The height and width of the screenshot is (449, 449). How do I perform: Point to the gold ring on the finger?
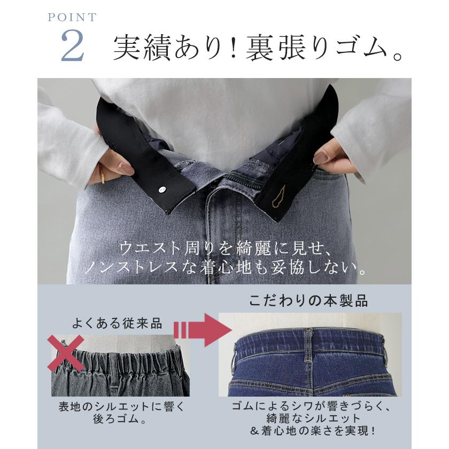[x=102, y=174]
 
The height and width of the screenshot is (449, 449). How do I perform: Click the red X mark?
[x=65, y=353]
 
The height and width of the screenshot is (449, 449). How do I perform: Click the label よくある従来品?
[x=117, y=323]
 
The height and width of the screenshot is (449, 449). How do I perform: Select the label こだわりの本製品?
[x=309, y=300]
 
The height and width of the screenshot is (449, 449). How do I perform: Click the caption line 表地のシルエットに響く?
[x=121, y=406]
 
